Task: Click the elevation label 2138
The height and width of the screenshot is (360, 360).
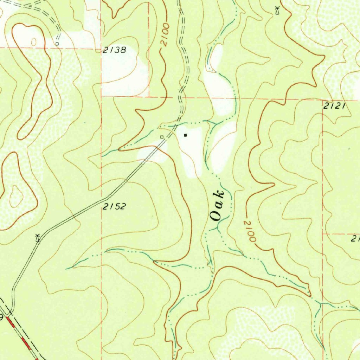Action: (114, 50)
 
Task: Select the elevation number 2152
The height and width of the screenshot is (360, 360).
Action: (114, 207)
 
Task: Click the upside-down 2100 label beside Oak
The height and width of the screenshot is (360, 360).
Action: (250, 231)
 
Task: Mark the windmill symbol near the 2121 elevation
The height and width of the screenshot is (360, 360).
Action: (277, 10)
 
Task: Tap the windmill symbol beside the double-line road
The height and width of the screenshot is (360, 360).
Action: (38, 238)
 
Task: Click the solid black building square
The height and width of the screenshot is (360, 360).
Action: (186, 135)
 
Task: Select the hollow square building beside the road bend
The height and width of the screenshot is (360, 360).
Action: (162, 137)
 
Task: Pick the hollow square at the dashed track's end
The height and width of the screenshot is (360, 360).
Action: (57, 44)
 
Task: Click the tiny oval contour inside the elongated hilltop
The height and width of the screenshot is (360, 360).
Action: (34, 42)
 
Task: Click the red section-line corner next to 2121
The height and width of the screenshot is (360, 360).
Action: (323, 99)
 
